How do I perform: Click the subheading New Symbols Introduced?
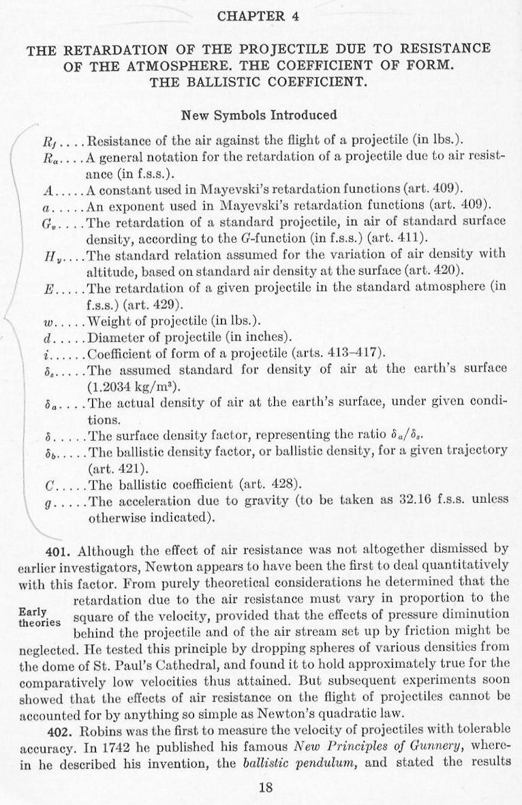click(258, 115)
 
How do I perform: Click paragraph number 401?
click(52, 550)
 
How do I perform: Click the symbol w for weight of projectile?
click(47, 321)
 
